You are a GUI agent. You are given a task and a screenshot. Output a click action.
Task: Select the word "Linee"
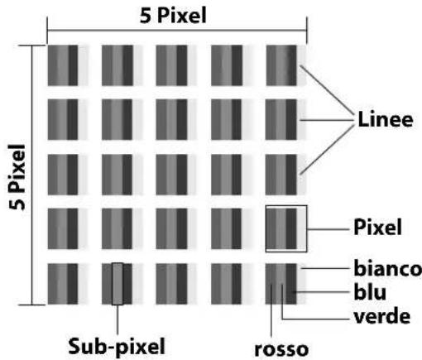coord(386,120)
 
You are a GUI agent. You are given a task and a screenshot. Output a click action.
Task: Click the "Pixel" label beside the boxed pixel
coord(377,227)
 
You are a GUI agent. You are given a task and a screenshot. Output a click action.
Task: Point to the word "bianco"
coord(388,268)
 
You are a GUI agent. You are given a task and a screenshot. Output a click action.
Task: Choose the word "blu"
coord(370,292)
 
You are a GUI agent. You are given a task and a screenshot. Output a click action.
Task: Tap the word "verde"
coord(382,316)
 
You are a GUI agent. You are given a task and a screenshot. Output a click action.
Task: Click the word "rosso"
coord(281,349)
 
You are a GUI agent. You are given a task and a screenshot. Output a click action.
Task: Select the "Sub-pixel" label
coord(117,346)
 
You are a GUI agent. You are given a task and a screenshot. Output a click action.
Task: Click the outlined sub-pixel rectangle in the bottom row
coord(117,284)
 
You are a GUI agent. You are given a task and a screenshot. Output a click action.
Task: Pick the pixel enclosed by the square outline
coord(285,228)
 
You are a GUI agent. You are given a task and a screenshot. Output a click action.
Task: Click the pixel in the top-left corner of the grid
coord(68,65)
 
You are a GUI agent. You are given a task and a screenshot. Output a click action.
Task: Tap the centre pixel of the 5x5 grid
coord(176,175)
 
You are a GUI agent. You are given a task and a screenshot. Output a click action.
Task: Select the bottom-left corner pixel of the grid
coord(68,284)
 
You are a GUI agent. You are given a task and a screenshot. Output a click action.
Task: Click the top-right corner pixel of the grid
coord(285,65)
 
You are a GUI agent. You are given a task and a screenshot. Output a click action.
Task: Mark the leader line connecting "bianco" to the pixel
coord(324,268)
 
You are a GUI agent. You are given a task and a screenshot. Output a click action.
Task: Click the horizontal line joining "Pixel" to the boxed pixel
coord(328,229)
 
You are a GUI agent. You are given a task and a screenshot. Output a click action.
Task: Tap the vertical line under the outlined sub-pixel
coord(117,320)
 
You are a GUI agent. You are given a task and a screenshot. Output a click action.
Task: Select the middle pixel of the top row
coord(176,65)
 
